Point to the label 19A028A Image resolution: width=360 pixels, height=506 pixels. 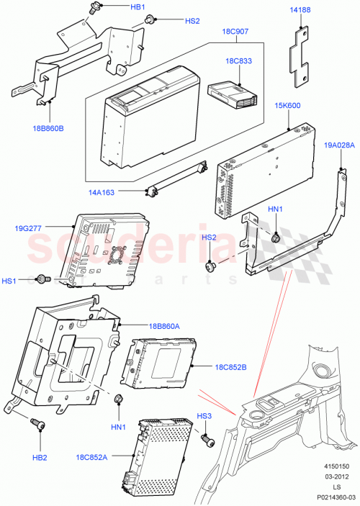tap(338, 145)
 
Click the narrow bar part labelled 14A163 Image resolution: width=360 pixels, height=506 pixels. tap(176, 178)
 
